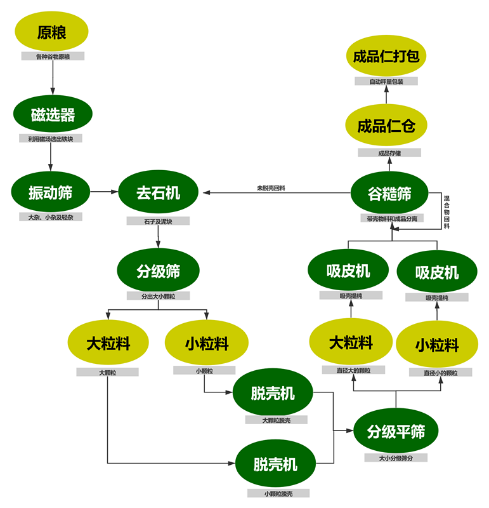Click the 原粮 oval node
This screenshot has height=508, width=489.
pyautogui.click(x=52, y=32)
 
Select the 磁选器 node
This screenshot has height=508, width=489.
pyautogui.click(x=53, y=115)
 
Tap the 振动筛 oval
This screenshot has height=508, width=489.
pyautogui.click(x=51, y=192)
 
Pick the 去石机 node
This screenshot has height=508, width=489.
pyautogui.click(x=158, y=192)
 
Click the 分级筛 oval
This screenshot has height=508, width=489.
pyautogui.click(x=158, y=271)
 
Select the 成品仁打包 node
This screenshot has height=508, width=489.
pyautogui.click(x=386, y=57)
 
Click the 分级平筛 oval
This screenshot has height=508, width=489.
pyautogui.click(x=396, y=432)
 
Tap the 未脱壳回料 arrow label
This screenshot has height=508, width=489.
pyautogui.click(x=271, y=188)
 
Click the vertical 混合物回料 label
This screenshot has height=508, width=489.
pyautogui.click(x=447, y=212)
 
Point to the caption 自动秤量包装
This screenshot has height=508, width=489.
pyautogui.click(x=386, y=81)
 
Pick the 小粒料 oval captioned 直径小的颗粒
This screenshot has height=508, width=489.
pyautogui.click(x=437, y=345)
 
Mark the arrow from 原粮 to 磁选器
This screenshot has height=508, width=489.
pyautogui.click(x=52, y=75)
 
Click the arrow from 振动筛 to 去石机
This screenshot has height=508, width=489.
pyautogui.click(x=104, y=192)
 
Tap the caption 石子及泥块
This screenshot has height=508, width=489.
pyautogui.click(x=158, y=222)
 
